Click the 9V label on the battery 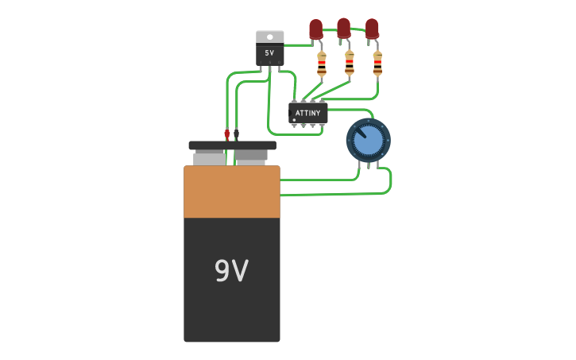[231, 272]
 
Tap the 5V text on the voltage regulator [269, 53]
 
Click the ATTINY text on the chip [307, 113]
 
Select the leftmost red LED [315, 29]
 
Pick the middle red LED [343, 28]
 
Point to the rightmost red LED [372, 29]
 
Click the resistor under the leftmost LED [321, 64]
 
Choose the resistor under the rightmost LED [377, 64]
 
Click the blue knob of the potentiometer [368, 141]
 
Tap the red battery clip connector [227, 134]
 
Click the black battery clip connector [237, 134]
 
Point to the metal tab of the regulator [269, 37]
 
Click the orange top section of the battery [231, 191]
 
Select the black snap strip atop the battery [232, 145]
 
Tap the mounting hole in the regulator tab [269, 36]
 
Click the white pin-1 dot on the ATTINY [295, 120]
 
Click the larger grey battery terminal [209, 158]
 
